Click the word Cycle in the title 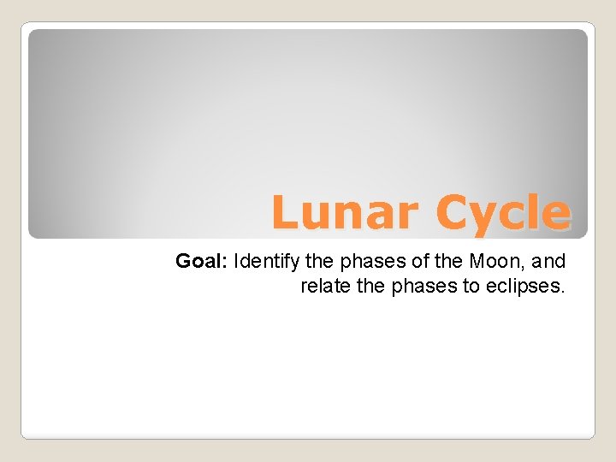click(501, 213)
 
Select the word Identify click(261, 261)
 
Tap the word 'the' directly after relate click(371, 286)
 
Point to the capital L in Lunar click(286, 213)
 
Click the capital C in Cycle click(451, 213)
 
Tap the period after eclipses click(563, 292)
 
